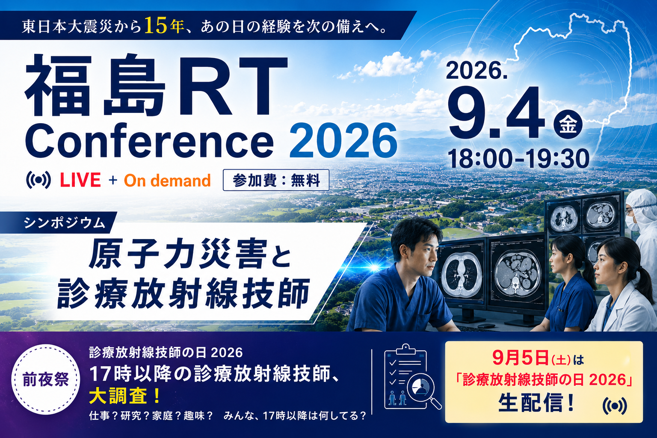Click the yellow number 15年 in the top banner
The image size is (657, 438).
tap(164, 26)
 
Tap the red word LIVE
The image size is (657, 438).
tap(80, 180)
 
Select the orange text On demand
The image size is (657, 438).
tap(167, 181)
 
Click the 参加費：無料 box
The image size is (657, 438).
tap(276, 180)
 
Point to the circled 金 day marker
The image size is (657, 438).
tap(568, 124)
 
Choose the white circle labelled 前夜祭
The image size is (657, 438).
tap(45, 379)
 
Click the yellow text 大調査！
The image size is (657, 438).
tap(125, 396)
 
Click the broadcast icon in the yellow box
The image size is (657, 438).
tap(615, 406)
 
